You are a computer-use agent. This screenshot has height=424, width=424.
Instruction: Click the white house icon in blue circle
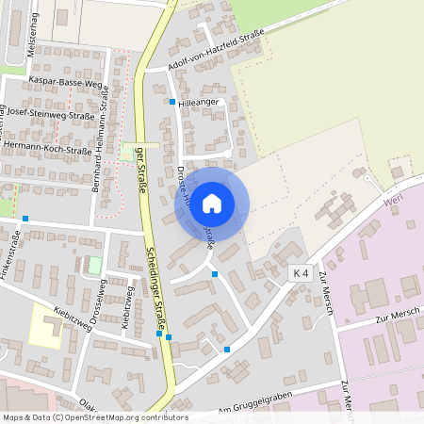click(212, 203)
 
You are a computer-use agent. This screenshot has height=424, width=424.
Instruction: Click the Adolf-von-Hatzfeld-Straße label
click(216, 50)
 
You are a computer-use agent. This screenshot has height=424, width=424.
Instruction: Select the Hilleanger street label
click(199, 101)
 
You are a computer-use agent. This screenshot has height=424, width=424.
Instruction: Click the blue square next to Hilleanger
click(172, 101)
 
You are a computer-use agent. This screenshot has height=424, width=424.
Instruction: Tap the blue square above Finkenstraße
click(25, 219)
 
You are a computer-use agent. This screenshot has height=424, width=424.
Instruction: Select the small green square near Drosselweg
click(93, 266)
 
